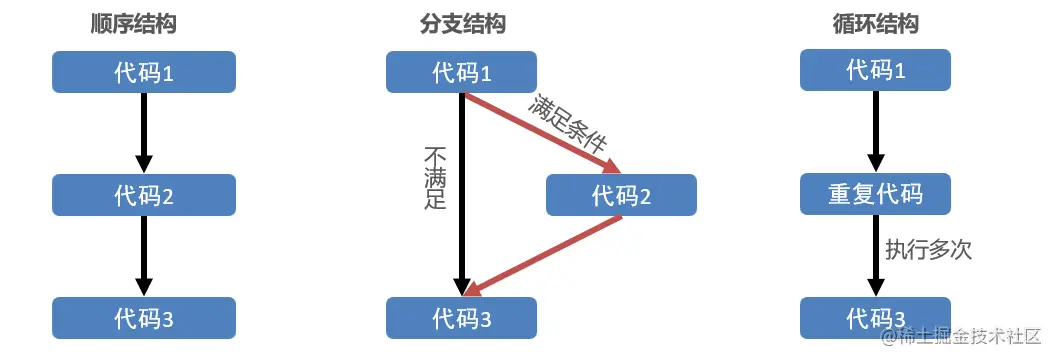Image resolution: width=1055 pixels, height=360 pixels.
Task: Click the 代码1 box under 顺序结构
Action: pyautogui.click(x=144, y=72)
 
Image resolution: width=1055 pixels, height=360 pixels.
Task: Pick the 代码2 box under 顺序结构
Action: pyautogui.click(x=144, y=195)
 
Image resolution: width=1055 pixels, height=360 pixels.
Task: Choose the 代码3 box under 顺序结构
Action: pyautogui.click(x=144, y=318)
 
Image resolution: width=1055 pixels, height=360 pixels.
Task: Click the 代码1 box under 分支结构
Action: pyautogui.click(x=461, y=72)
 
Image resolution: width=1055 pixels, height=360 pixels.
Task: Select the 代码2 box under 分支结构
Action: pyautogui.click(x=621, y=195)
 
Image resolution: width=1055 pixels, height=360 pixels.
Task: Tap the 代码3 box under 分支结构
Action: pyautogui.click(x=461, y=318)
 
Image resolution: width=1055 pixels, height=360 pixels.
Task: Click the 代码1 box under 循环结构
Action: pyautogui.click(x=876, y=70)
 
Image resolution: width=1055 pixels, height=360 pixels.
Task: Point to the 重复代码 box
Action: pyautogui.click(x=876, y=193)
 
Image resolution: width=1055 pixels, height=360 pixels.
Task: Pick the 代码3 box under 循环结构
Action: pyautogui.click(x=876, y=318)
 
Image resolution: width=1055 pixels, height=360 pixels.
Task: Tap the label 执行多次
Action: pyautogui.click(x=928, y=249)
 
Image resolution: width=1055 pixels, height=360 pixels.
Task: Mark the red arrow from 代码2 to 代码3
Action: pyautogui.click(x=545, y=256)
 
